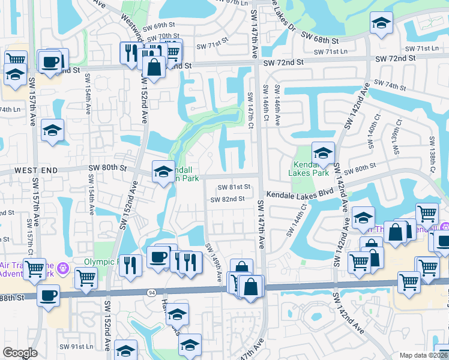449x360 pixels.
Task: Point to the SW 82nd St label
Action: [228, 199]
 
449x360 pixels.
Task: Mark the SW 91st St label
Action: [75, 347]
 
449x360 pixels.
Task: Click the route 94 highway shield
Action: [152, 292]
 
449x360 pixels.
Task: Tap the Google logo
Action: [20, 353]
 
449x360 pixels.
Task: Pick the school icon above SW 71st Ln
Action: [380, 25]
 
